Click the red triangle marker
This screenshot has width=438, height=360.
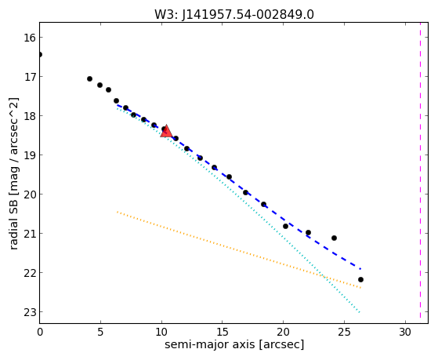(166, 131)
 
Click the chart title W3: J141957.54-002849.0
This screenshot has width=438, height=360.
(234, 14)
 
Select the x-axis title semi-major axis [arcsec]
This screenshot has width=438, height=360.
(234, 344)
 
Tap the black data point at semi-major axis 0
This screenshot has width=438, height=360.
(40, 54)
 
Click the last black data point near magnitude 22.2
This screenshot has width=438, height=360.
(360, 279)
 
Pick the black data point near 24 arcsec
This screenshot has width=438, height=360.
(334, 238)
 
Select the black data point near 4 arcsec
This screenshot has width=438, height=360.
(89, 79)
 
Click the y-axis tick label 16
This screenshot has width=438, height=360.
(30, 38)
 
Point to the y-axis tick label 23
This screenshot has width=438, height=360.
(30, 312)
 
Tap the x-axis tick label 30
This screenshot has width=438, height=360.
(405, 332)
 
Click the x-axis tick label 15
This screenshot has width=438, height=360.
(222, 332)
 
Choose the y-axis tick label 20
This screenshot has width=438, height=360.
(30, 195)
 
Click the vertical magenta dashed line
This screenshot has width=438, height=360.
(420, 170)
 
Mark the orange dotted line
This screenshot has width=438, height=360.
(239, 249)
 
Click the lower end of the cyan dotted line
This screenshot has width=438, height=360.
(360, 312)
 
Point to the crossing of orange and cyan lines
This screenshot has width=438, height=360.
(325, 277)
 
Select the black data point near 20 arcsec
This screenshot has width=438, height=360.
(285, 226)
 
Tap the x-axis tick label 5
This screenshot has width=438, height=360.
(100, 332)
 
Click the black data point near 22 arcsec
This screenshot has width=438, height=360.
(309, 232)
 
